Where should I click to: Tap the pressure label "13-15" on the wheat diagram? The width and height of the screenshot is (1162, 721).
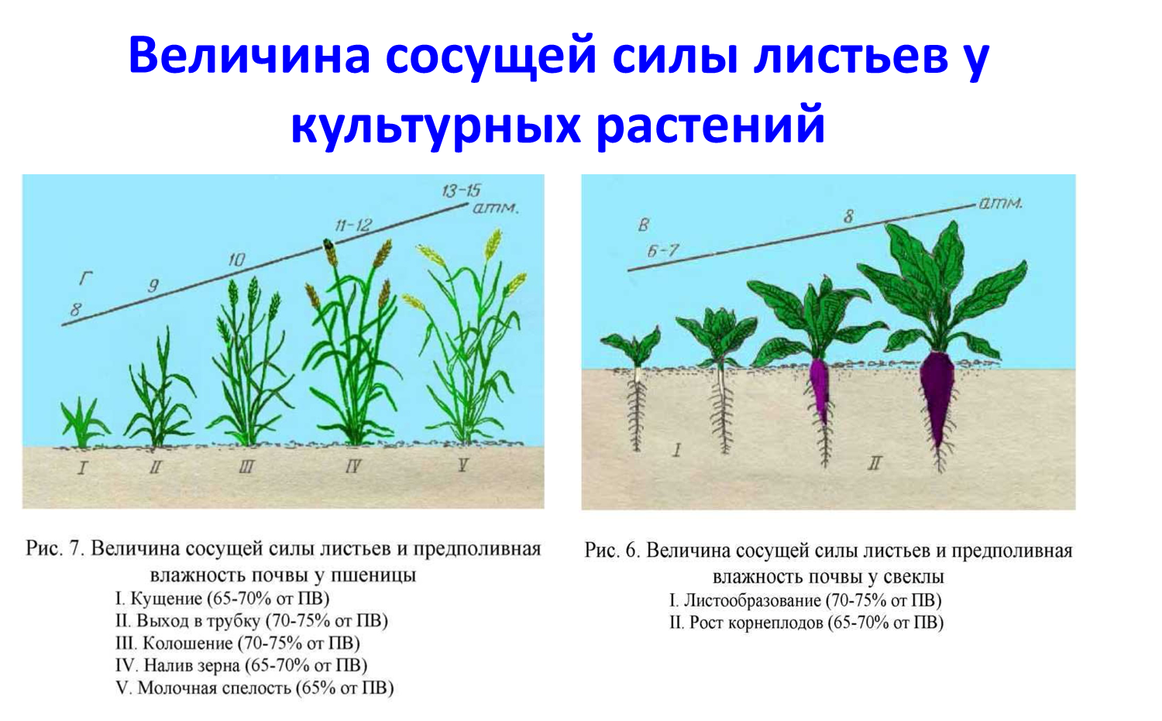461,191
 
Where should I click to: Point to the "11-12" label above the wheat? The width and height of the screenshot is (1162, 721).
353,225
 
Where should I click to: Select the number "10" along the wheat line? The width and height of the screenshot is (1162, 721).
236,259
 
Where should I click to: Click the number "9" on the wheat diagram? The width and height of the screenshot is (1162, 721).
153,285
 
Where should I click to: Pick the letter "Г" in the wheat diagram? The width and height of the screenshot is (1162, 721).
85,279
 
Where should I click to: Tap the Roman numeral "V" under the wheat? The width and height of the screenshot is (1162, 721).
462,465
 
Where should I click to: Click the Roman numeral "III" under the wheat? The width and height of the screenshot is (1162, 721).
246,467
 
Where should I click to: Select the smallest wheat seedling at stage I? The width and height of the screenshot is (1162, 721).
84,422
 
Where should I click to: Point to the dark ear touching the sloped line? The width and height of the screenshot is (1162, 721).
329,252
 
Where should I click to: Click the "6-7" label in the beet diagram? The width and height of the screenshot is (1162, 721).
662,251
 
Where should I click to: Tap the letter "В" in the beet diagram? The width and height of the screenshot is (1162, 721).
643,225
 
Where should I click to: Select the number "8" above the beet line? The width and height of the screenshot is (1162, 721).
849,216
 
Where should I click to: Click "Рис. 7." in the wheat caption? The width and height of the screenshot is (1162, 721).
55,549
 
